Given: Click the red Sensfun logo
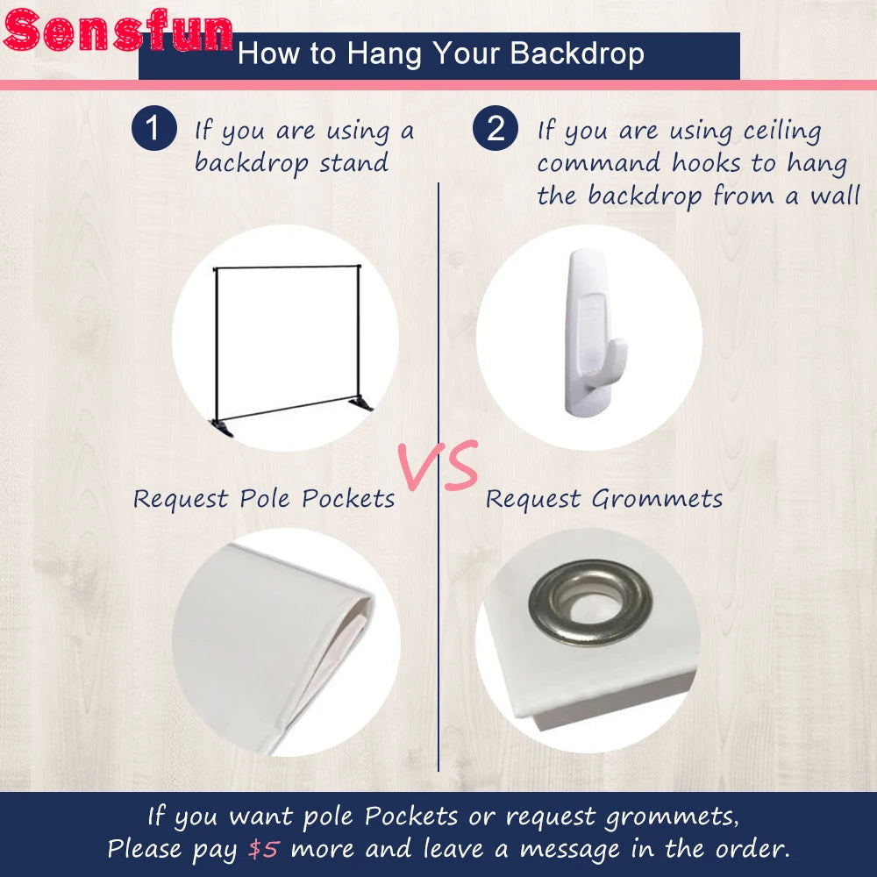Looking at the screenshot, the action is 118,30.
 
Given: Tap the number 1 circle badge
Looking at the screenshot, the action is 154,128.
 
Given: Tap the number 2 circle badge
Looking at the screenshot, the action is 496,128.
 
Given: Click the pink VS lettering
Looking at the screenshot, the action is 438,466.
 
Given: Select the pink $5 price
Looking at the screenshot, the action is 263,849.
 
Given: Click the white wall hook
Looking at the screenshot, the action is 592,332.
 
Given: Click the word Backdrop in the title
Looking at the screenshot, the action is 577,53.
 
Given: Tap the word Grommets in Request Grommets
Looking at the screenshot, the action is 657,499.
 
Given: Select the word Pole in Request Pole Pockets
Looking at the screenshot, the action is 263,498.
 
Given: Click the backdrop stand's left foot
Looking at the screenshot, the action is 222,428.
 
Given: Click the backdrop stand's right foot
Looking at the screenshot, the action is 360,403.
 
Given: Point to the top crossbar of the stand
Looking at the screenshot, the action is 287,267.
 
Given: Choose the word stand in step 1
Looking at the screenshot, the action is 353,163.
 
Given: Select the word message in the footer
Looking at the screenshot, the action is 570,850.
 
